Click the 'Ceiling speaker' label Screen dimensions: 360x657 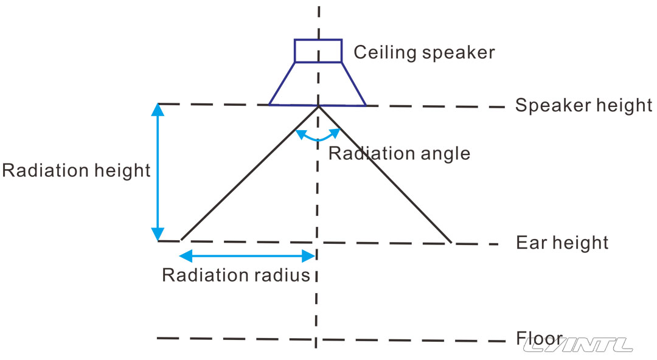[x=424, y=52]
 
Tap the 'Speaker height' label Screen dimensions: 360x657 [x=583, y=105]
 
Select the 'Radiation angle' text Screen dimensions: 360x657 [x=399, y=153]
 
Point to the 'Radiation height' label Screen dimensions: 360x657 [x=76, y=171]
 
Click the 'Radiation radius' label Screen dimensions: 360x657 [x=236, y=275]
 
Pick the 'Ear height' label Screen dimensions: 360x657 [x=562, y=243]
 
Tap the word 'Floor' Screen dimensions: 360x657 [x=538, y=337]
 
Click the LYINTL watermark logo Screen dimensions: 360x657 [x=578, y=345]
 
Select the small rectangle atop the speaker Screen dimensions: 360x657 [x=318, y=50]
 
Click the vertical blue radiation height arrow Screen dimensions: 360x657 [x=158, y=172]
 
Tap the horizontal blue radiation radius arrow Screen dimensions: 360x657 [x=247, y=255]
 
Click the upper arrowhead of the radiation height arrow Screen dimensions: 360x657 [x=158, y=109]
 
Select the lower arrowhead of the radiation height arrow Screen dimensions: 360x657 [x=158, y=235]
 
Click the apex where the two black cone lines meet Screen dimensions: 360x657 [x=318, y=107]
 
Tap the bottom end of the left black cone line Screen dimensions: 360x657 [x=182, y=240]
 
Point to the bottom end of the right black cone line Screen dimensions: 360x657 [x=451, y=242]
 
